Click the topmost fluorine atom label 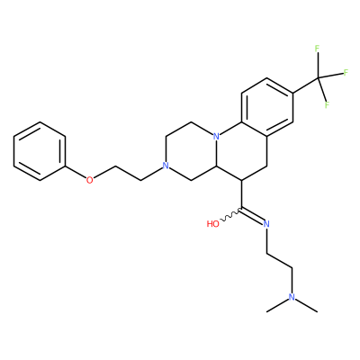317,48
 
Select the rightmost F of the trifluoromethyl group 346,73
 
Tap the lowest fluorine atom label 327,105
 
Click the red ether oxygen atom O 89,180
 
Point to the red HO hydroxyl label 213,224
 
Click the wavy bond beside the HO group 230,217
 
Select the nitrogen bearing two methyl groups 292,297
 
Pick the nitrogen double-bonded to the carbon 266,224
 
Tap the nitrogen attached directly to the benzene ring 216,137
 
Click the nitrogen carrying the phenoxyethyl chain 165,166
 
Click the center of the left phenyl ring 40,151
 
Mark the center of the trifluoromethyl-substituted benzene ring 267,107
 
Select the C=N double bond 253,215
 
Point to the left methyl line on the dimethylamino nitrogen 277,304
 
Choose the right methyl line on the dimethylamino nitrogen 306,304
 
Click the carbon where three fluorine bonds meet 318,78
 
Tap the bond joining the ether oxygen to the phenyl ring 76,173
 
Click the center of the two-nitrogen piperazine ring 191,151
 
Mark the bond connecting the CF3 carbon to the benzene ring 305,85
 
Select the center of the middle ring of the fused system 241,151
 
